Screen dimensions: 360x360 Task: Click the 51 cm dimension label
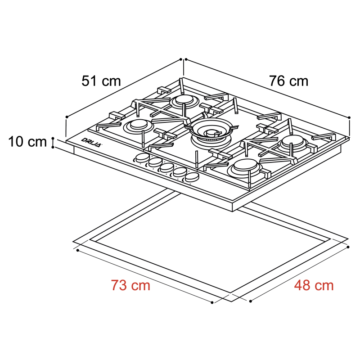101,81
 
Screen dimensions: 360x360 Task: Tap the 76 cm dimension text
289,81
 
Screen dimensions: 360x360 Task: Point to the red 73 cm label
130,285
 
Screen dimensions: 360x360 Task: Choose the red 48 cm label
314,285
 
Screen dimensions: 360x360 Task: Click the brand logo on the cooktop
92,141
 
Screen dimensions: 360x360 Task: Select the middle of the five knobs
167,167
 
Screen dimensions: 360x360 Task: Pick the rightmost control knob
192,176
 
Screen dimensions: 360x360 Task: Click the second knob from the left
154,162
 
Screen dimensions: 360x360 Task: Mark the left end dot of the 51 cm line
67,117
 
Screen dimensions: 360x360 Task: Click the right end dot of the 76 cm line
350,117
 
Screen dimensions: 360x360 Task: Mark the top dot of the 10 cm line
53,139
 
